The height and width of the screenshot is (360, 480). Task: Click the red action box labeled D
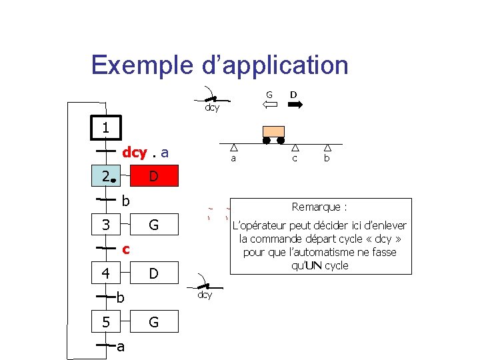(154, 177)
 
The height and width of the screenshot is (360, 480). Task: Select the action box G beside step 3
(154, 225)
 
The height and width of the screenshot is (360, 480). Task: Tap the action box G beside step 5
(154, 322)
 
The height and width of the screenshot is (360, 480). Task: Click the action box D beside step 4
(154, 273)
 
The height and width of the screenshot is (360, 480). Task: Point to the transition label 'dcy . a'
(145, 153)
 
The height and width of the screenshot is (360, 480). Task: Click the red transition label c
(125, 249)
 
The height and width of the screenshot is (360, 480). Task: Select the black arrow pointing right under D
(294, 105)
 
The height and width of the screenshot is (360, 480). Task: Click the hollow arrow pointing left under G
(269, 105)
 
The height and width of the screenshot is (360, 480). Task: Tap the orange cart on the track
(273, 131)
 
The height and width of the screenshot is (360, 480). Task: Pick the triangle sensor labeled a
(233, 148)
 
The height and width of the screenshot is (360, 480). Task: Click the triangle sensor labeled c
(294, 148)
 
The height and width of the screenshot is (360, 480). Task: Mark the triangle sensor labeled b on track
(327, 148)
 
